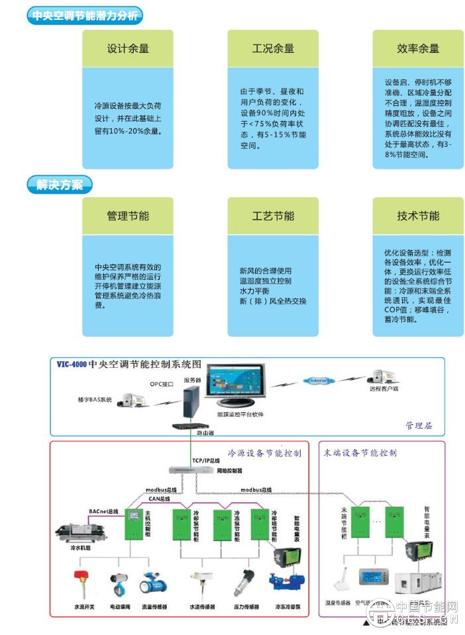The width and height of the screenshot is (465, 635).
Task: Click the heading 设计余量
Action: (x=128, y=48)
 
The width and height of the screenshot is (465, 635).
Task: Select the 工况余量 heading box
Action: (x=273, y=48)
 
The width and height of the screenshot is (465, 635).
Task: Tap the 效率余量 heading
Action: (x=418, y=48)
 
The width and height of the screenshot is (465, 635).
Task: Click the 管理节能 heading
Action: (x=128, y=216)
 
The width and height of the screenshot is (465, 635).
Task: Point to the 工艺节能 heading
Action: (x=273, y=216)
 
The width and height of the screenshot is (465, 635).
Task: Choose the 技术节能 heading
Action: (x=418, y=216)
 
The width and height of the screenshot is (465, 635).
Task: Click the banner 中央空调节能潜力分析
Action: (x=85, y=17)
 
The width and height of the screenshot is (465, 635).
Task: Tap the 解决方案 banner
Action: (x=60, y=185)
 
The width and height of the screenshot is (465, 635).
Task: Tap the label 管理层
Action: (x=419, y=425)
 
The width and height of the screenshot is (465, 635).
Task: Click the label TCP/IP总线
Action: (x=207, y=460)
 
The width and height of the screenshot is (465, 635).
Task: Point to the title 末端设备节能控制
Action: (x=360, y=453)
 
